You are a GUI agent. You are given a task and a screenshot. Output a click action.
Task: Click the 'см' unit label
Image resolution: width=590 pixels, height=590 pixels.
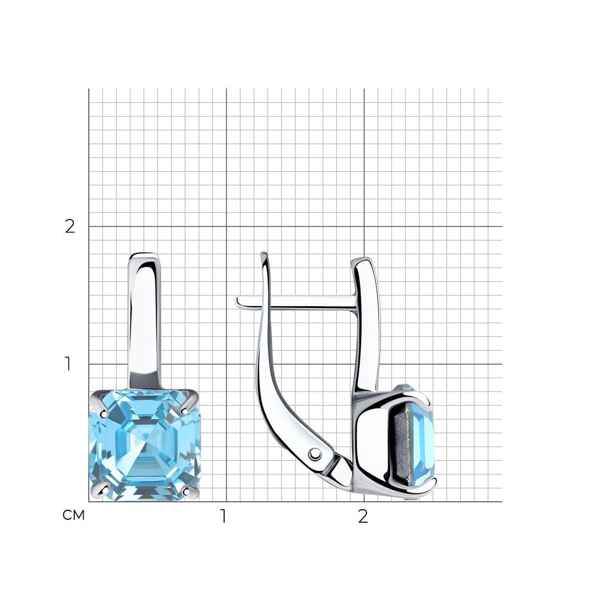click(x=73, y=515)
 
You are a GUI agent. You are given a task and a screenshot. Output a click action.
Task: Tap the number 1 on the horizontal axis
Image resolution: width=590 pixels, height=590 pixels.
click(x=224, y=516)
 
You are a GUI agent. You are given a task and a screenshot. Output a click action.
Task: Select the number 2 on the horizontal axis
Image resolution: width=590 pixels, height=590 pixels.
click(x=363, y=517)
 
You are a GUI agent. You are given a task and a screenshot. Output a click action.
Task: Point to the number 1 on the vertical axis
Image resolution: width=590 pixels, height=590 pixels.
click(x=68, y=363)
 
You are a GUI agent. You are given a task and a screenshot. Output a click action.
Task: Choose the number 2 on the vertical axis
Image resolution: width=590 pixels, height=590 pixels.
click(x=70, y=226)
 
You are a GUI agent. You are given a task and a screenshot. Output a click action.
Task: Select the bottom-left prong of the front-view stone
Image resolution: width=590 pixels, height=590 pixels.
click(x=101, y=489)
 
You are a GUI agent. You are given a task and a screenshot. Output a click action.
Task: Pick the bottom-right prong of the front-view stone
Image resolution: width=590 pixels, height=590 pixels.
click(x=190, y=489)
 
